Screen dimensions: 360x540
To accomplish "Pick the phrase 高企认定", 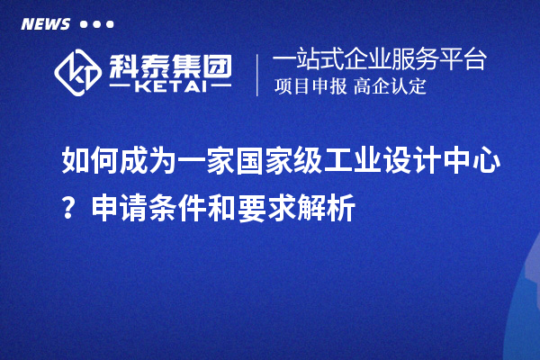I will click(391, 87).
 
